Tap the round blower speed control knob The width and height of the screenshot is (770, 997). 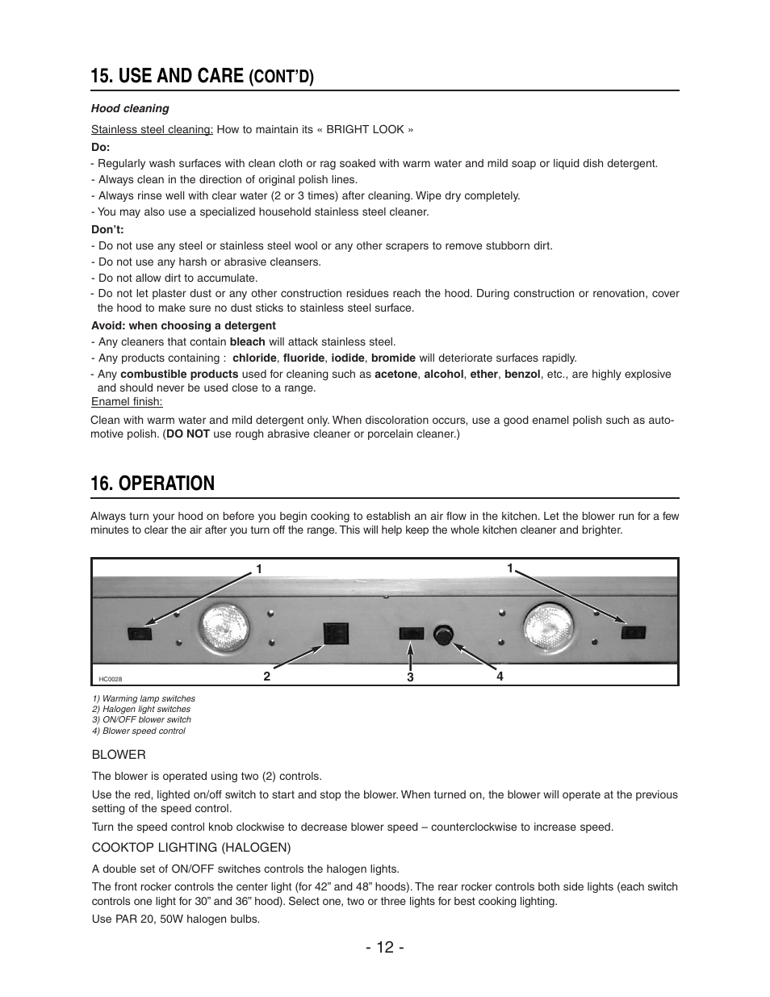click(443, 635)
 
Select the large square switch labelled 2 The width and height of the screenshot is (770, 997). click(335, 634)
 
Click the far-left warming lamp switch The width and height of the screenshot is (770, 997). click(140, 633)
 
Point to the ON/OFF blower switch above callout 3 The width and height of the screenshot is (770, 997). click(412, 633)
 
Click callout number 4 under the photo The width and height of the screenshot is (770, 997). click(500, 677)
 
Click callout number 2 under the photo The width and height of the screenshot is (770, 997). click(266, 677)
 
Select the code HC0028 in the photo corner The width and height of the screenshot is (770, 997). click(111, 680)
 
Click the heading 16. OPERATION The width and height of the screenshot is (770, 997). click(153, 484)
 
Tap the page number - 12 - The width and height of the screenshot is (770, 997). click(385, 947)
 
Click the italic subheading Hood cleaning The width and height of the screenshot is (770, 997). click(130, 108)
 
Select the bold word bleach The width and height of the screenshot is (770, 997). click(247, 341)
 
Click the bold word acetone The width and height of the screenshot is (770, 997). click(395, 374)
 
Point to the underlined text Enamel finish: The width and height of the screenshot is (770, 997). click(127, 401)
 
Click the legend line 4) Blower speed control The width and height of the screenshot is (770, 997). click(138, 731)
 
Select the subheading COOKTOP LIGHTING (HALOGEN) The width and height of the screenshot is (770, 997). click(190, 847)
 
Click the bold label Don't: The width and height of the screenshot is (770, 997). click(107, 229)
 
